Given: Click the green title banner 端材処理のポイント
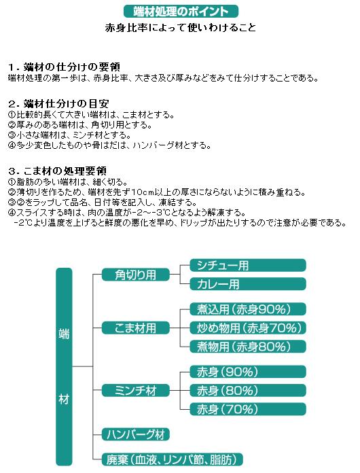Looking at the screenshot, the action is tap(181, 12).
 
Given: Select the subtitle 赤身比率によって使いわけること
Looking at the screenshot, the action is tap(181, 28).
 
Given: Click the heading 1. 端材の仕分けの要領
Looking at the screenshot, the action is tap(64, 67).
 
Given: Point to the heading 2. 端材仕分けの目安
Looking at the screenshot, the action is tap(58, 104).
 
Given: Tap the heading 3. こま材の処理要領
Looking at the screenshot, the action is tap(57, 171).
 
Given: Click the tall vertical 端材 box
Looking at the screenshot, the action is tap(64, 366).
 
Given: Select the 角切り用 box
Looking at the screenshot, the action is tap(136, 275).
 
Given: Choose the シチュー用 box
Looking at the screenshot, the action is tap(248, 266).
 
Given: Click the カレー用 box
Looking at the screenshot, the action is tap(248, 284).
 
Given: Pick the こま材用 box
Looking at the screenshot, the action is tap(136, 328).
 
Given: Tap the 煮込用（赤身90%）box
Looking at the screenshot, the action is tap(248, 309).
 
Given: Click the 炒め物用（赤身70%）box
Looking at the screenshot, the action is tap(248, 328).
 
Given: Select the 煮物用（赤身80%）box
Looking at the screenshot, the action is tap(248, 347).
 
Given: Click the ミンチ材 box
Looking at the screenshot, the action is tap(136, 391).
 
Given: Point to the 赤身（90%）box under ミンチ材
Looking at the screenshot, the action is tap(248, 372).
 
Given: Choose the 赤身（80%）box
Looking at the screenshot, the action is tap(248, 391).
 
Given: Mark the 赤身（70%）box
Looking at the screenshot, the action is tap(248, 409).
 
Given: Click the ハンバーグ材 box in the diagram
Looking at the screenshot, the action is tap(136, 434).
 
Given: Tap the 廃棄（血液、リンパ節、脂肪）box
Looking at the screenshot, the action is tap(172, 459).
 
